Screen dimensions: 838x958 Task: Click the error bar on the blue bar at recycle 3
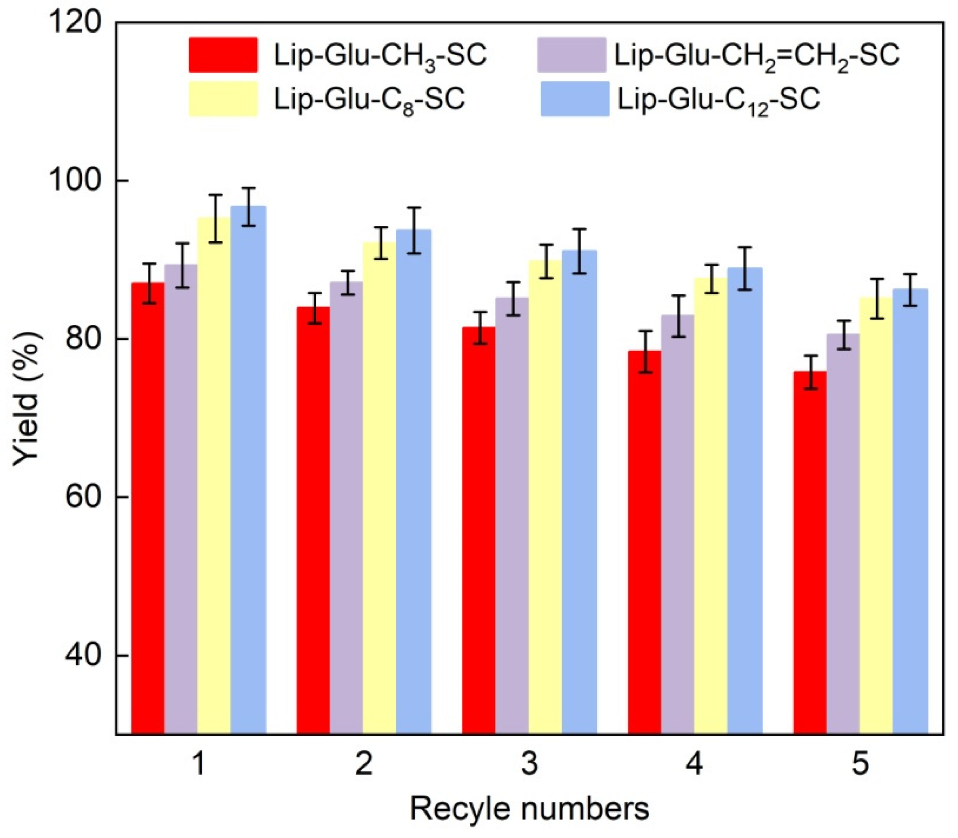point(580,251)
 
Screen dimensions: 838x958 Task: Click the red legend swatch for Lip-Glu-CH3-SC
point(223,55)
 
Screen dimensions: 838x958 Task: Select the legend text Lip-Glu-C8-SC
point(369,99)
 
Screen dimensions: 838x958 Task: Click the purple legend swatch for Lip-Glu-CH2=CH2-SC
point(571,55)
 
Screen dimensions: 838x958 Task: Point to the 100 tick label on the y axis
point(75,180)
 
